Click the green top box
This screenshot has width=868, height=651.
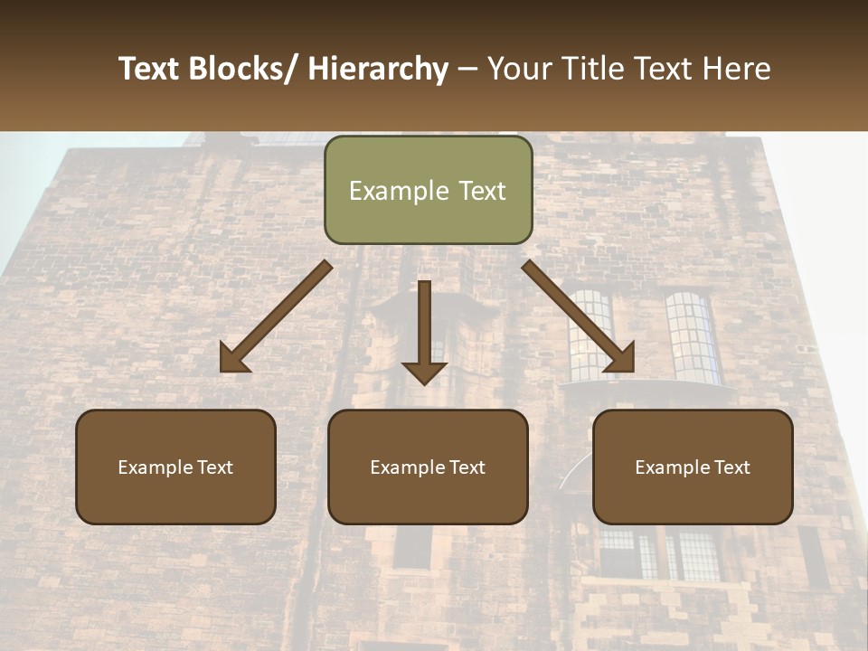(428, 190)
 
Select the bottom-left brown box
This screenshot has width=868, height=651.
(175, 467)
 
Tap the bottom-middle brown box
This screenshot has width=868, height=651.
(428, 467)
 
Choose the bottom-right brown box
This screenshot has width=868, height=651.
(693, 467)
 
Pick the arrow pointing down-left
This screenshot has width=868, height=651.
(276, 316)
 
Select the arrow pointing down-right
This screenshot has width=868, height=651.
(579, 316)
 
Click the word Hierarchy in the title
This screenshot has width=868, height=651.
(378, 69)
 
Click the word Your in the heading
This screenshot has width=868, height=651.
(518, 69)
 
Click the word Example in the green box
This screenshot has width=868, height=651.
(386, 191)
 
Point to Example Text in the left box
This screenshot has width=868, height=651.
(175, 467)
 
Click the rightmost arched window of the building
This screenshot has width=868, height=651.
(693, 336)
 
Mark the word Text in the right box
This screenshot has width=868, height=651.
(731, 467)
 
